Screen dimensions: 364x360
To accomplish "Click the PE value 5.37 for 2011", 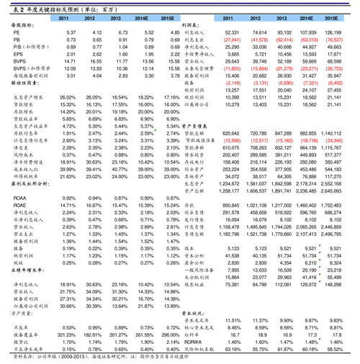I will pyautogui.click(x=71, y=33).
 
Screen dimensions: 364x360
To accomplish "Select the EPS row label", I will pyautogui.click(x=17, y=54).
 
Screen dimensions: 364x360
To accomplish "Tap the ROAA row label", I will pyautogui.click(x=20, y=198).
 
